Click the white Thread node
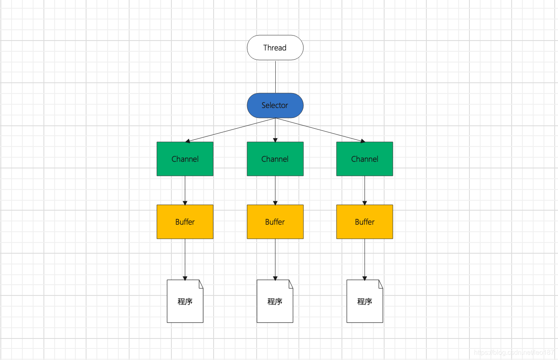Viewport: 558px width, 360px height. pos(275,48)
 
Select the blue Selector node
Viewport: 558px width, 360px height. pos(275,105)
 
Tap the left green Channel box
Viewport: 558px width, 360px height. pos(185,159)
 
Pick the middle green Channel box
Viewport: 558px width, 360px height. pos(275,159)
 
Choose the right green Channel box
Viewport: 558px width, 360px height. pos(364,159)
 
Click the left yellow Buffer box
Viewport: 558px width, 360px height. pos(185,222)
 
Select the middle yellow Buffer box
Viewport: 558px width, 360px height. pos(275,222)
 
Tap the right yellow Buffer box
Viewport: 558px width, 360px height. pos(364,222)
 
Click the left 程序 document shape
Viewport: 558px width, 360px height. pos(185,301)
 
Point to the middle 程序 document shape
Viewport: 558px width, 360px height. pos(275,301)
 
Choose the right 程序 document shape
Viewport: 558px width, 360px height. pos(364,301)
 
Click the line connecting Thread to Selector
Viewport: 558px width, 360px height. pos(275,77)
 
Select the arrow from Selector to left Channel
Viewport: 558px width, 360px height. pos(230,130)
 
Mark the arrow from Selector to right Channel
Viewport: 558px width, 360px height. pos(320,130)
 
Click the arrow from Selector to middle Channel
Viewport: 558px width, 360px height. pos(275,130)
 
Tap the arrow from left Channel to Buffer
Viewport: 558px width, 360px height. pos(185,190)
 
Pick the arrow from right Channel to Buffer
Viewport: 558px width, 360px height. pos(365,190)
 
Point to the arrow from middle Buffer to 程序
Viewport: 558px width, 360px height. pos(275,259)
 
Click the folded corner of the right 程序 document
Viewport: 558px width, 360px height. pos(380,283)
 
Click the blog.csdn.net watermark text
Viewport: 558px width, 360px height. pos(513,353)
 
